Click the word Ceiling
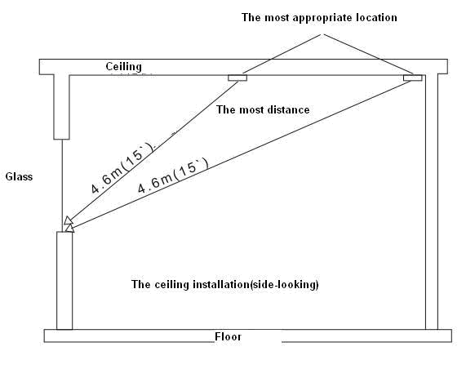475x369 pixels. (123, 67)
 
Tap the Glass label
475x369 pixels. (19, 176)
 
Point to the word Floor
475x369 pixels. (228, 336)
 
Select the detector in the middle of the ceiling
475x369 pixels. (237, 78)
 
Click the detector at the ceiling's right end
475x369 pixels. (413, 78)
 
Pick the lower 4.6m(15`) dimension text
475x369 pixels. (173, 176)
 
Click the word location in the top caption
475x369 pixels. (376, 17)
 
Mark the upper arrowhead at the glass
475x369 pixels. (69, 220)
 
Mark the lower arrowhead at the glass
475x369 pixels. (69, 228)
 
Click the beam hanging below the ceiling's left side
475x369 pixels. (61, 107)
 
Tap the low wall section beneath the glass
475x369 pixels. (64, 281)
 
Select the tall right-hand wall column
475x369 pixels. (432, 202)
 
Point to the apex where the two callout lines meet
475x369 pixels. (322, 34)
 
